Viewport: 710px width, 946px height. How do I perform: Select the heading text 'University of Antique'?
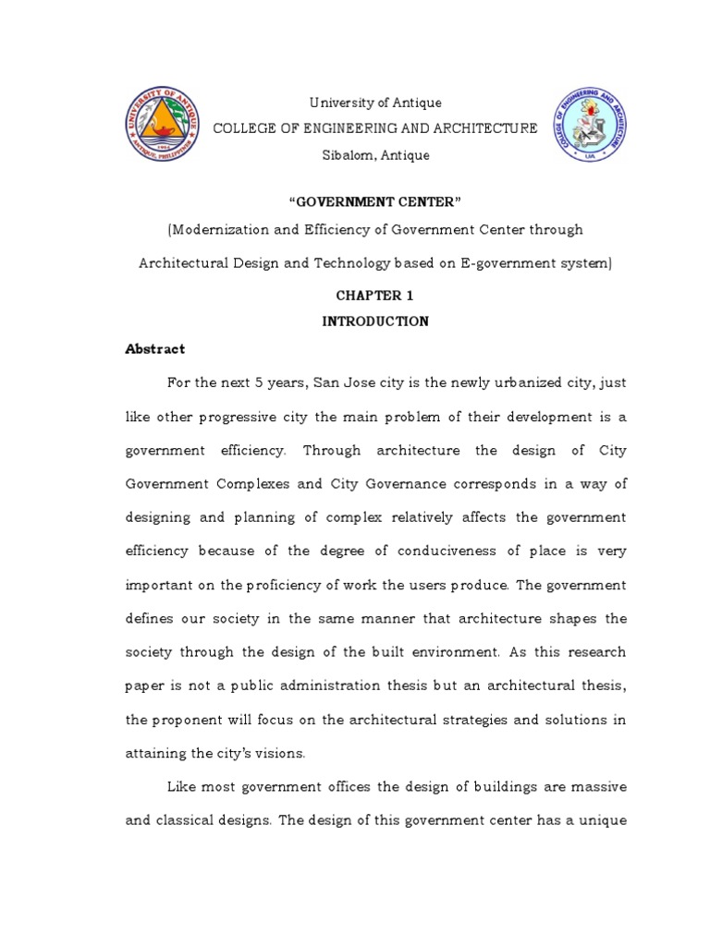tap(374, 103)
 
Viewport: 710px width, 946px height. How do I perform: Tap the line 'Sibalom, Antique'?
tap(375, 155)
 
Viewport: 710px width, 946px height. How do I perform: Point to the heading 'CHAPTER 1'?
tap(374, 297)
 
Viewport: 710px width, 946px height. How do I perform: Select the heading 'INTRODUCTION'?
tap(374, 321)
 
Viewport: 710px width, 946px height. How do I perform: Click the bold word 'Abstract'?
tap(155, 349)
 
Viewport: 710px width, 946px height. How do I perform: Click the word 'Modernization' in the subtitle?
tap(218, 229)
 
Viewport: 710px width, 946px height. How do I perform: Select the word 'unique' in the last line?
tap(604, 820)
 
